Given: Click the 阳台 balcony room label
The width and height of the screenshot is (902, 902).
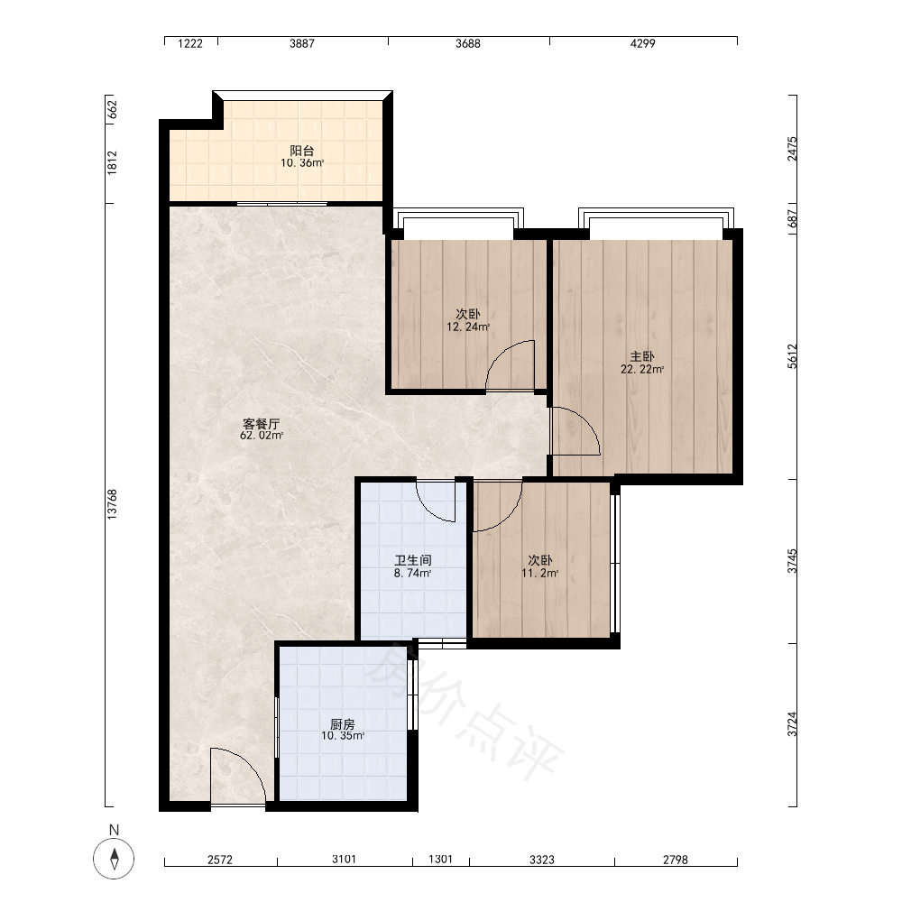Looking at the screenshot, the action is (x=301, y=151).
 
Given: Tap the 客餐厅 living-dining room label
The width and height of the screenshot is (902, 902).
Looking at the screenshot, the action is (x=262, y=424).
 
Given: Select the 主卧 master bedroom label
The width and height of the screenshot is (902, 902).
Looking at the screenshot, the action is (x=642, y=356).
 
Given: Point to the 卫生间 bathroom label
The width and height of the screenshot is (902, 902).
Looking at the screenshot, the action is (x=413, y=560).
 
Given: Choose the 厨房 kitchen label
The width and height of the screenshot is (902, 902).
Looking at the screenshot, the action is (x=343, y=724).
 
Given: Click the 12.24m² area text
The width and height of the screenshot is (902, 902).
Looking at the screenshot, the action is (x=468, y=327).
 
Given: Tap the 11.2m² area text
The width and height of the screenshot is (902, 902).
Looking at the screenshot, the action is (x=539, y=573).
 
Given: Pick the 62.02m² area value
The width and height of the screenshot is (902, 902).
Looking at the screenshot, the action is (x=262, y=436).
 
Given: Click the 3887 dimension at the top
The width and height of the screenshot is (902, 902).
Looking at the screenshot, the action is (x=302, y=43).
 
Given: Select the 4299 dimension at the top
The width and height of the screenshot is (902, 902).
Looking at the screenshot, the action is (x=642, y=43).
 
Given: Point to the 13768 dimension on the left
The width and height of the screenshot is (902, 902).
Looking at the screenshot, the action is (x=112, y=504).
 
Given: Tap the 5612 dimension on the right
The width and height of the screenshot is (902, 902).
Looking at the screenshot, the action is (x=793, y=356).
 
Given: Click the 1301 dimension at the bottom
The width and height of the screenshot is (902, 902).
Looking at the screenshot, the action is (x=441, y=859).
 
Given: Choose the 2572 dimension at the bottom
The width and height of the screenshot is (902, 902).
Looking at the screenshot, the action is (x=220, y=860).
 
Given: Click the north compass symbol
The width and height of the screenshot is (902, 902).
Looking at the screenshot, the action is (x=114, y=859).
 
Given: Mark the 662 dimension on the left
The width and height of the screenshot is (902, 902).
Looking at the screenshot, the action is (x=112, y=109).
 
